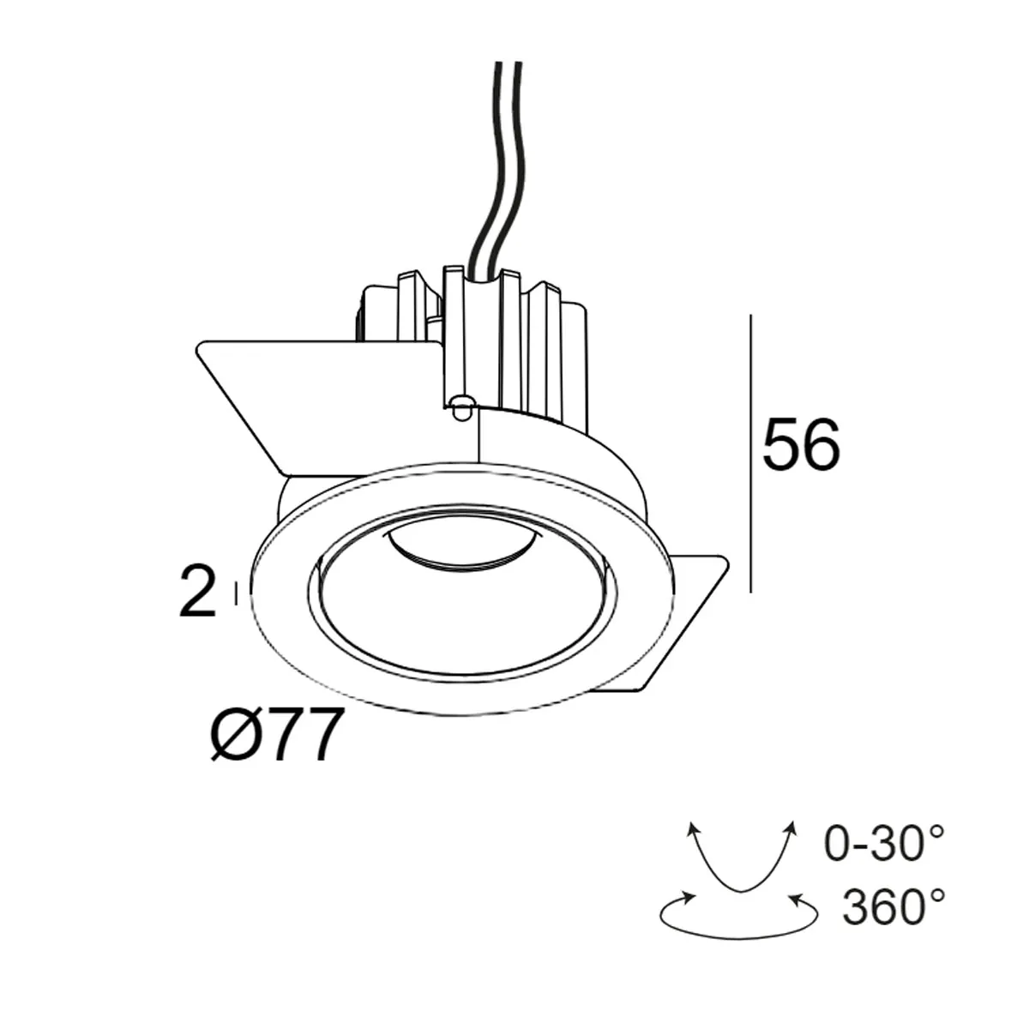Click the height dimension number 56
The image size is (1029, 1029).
(x=801, y=446)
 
